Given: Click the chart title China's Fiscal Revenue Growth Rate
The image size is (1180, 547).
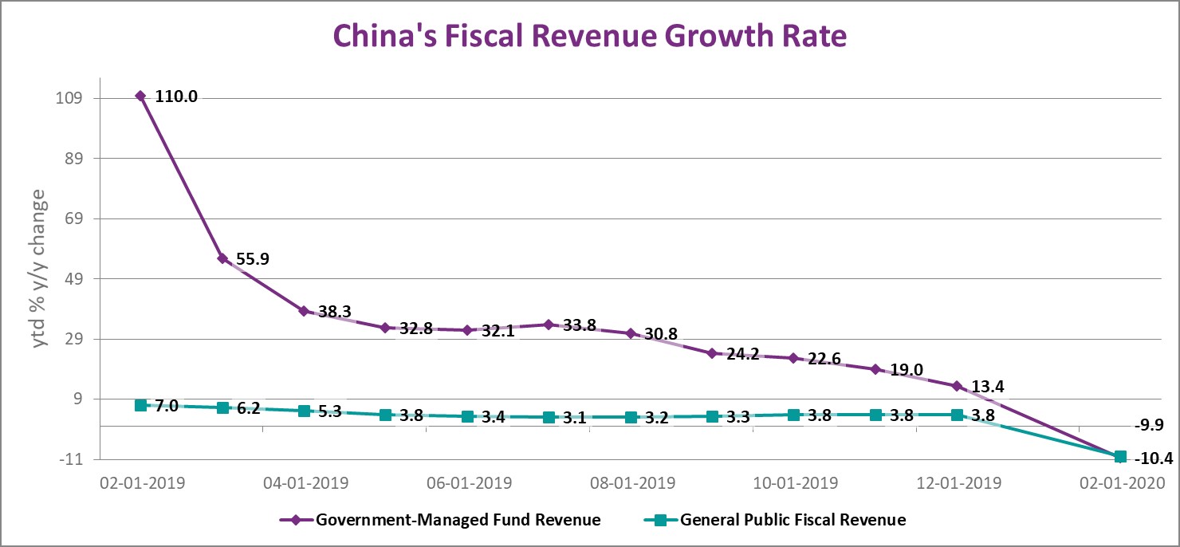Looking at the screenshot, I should pyautogui.click(x=589, y=37).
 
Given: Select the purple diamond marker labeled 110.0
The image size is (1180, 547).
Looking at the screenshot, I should pyautogui.click(x=141, y=96).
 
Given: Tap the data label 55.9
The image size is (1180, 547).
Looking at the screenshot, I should pyautogui.click(x=253, y=259).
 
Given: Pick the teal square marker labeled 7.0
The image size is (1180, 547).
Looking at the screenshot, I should pyautogui.click(x=141, y=405).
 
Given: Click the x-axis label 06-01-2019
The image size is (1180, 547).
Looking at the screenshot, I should pyautogui.click(x=467, y=483).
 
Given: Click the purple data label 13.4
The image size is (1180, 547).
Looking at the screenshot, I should pyautogui.click(x=987, y=387).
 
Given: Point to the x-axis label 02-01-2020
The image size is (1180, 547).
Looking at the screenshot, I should pyautogui.click(x=1121, y=483).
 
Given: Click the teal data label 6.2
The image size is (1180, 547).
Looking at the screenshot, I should pyautogui.click(x=249, y=408).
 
